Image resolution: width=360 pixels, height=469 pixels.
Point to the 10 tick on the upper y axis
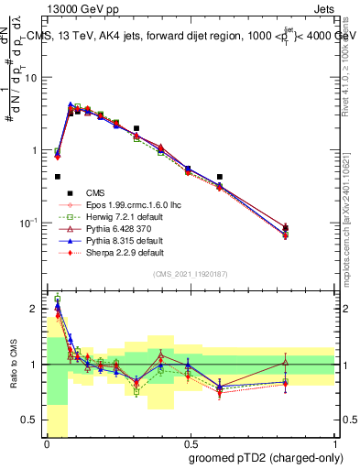point(31,78)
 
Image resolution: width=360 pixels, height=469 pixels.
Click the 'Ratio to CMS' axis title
point(13,365)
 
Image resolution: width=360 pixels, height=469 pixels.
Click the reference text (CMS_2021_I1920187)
point(191,274)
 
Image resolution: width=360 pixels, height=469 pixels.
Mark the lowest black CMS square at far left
point(58,177)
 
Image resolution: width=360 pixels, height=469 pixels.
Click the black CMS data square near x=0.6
point(220,177)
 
